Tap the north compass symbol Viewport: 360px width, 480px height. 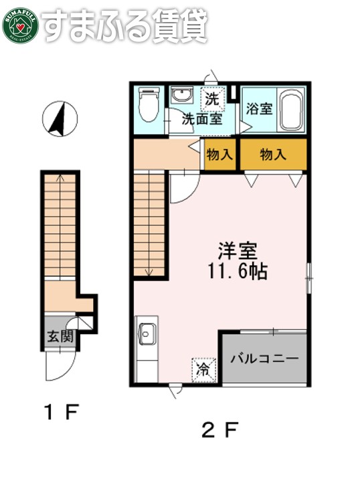60,118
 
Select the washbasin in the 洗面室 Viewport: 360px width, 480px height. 181,96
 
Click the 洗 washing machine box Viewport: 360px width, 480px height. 212,98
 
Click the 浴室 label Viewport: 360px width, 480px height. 259,109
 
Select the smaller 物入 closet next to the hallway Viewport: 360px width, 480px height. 219,155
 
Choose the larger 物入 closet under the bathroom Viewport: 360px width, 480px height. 273,155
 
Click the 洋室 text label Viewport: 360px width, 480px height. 237,251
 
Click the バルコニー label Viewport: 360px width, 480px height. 265,358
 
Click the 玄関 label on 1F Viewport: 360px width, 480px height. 59,336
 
